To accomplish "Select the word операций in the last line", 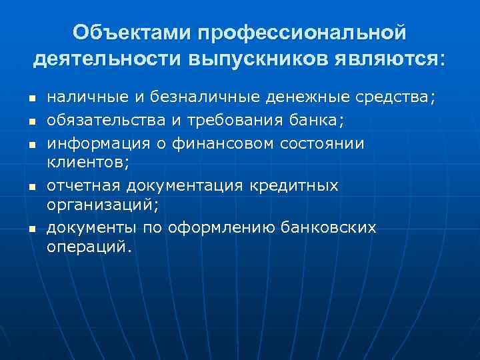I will (89, 247).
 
